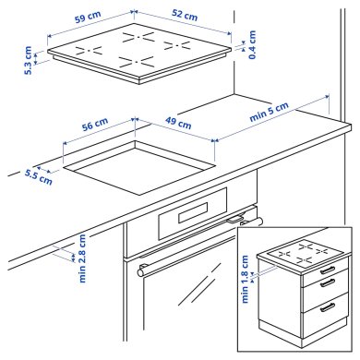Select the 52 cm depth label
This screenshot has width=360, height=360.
point(184,16)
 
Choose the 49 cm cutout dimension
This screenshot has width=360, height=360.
point(178,123)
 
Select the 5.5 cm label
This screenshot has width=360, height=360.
point(38,175)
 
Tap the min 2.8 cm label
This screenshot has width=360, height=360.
point(82,259)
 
